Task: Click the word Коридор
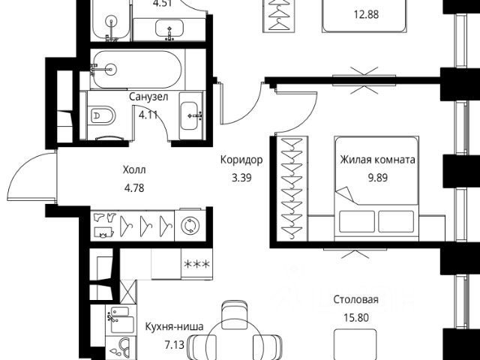(x=241, y=160)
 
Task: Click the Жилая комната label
(x=377, y=160)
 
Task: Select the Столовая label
(x=355, y=299)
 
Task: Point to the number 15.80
(x=355, y=316)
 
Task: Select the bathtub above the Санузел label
(x=136, y=69)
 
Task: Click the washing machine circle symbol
(x=188, y=226)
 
